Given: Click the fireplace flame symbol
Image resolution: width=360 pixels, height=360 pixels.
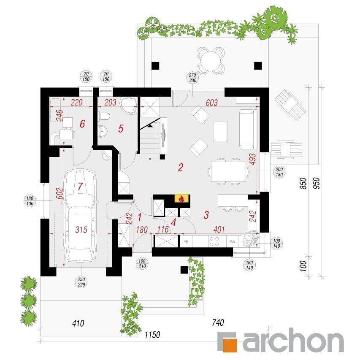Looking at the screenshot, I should [x=181, y=198].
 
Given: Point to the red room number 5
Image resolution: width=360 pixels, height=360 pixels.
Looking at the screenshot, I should [x=121, y=129].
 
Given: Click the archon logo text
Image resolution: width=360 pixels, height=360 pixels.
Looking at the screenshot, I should [x=291, y=341].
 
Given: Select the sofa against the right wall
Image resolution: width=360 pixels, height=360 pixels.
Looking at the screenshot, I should [x=246, y=129].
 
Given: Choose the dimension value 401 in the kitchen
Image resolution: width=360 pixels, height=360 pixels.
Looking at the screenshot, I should [x=219, y=230].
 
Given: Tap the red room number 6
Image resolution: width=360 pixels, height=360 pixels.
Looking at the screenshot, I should [x=82, y=124].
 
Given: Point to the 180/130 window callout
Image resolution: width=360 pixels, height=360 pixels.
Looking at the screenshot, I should [x=30, y=200].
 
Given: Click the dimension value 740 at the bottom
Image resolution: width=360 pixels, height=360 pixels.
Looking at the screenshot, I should [x=217, y=323].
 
